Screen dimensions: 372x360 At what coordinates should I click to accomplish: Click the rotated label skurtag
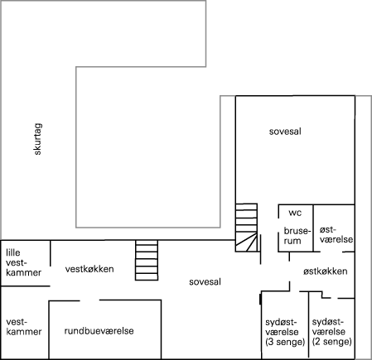coord(37,139)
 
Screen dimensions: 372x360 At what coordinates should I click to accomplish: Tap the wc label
coord(295,213)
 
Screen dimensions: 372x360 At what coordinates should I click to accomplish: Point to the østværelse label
coord(336,234)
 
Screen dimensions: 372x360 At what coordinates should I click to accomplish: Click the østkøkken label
coord(326,271)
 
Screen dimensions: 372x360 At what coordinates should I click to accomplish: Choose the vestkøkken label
coord(89,269)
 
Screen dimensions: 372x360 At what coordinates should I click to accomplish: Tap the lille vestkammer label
coord(23,262)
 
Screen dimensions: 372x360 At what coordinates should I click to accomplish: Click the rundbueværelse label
coord(99,331)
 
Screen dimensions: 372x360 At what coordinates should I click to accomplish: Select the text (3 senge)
coord(285,342)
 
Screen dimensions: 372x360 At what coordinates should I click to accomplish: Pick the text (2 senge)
coord(332,342)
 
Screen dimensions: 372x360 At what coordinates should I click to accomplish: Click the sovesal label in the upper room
coord(285,132)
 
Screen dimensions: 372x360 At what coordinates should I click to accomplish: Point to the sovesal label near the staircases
coord(205,282)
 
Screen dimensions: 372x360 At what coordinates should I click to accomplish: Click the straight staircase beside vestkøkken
coord(147,260)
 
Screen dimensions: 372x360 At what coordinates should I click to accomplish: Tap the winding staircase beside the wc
coord(247,228)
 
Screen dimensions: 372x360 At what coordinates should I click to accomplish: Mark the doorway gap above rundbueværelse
coord(89,300)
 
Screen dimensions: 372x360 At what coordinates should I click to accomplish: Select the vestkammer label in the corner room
coord(24,327)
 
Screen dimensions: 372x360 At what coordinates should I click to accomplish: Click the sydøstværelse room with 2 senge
coord(331,329)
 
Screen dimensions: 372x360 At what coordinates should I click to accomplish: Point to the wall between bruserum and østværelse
coord(313,228)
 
